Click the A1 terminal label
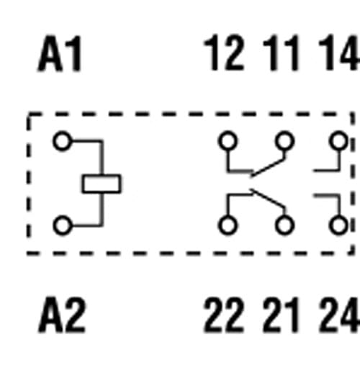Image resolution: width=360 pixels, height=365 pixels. coord(60,53)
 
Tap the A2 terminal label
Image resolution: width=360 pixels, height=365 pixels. coord(62,315)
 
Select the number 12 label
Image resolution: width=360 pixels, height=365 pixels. coord(224,53)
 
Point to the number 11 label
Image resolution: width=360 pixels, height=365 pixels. coord(282,53)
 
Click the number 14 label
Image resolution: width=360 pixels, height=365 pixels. coord(339,53)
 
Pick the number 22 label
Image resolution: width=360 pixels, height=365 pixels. coord(224,315)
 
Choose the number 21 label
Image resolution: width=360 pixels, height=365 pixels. coord(282,315)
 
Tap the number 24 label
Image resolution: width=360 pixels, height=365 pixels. coord(339,315)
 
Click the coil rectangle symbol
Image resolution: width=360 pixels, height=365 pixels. coord(102,184)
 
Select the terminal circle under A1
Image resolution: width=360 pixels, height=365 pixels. coord(62,141)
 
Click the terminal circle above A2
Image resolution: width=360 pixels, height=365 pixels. coord(62,225)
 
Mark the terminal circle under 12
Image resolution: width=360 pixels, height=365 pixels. coord(228,141)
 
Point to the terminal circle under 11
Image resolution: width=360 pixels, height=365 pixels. coord(284,141)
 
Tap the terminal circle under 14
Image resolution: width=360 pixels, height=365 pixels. coord(338,141)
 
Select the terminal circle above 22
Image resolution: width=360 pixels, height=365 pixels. coord(228,225)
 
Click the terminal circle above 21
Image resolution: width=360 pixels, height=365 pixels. coord(284,225)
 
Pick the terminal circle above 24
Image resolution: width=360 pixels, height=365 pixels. coord(338,225)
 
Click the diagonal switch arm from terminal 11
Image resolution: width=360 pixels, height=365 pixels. coord(268,168)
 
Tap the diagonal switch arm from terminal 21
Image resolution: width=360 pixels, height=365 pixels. coord(268,199)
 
